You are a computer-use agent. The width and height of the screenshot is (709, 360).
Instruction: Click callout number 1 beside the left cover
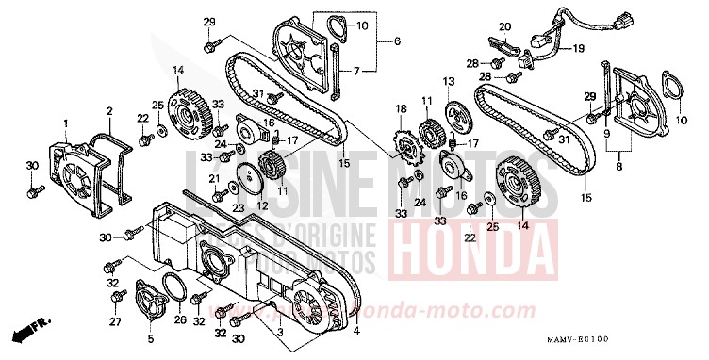pyautogui.click(x=67, y=123)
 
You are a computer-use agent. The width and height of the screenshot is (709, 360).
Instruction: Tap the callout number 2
pyautogui.click(x=109, y=111)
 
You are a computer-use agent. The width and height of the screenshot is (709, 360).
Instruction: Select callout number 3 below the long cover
pyautogui.click(x=280, y=332)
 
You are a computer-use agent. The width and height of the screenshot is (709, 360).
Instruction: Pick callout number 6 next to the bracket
pyautogui.click(x=397, y=41)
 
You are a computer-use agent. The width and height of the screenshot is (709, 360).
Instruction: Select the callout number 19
pyautogui.click(x=578, y=48)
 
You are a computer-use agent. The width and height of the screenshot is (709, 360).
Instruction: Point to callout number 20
pyautogui.click(x=504, y=26)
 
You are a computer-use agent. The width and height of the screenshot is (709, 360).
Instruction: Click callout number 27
pyautogui.click(x=116, y=322)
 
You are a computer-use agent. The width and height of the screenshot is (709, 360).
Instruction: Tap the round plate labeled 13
pyautogui.click(x=460, y=120)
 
